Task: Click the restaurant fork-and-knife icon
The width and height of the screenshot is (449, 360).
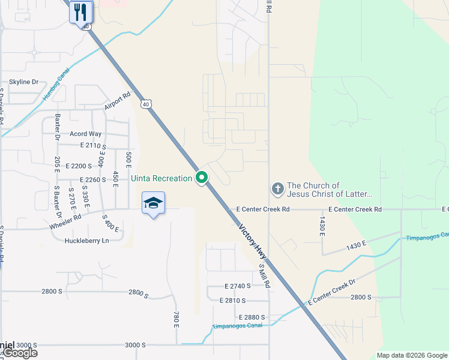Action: (x=80, y=11)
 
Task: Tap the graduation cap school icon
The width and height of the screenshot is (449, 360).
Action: (x=153, y=203)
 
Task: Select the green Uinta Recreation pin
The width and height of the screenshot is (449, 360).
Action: (x=202, y=178)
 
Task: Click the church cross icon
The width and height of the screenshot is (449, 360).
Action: (x=277, y=190)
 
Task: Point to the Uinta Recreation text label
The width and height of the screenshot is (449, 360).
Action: (x=161, y=178)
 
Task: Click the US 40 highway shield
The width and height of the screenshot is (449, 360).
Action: (x=146, y=104)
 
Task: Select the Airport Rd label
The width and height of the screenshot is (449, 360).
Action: (x=117, y=101)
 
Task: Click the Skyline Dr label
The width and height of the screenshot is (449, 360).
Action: (x=23, y=82)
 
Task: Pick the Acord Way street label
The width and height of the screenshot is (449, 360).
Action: (x=85, y=134)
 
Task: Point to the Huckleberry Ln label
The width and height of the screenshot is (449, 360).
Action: (x=86, y=241)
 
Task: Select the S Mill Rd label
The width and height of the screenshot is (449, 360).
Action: (x=265, y=276)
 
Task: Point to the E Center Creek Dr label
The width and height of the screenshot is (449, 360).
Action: (x=331, y=291)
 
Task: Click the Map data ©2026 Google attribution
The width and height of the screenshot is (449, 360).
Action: (x=411, y=355)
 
